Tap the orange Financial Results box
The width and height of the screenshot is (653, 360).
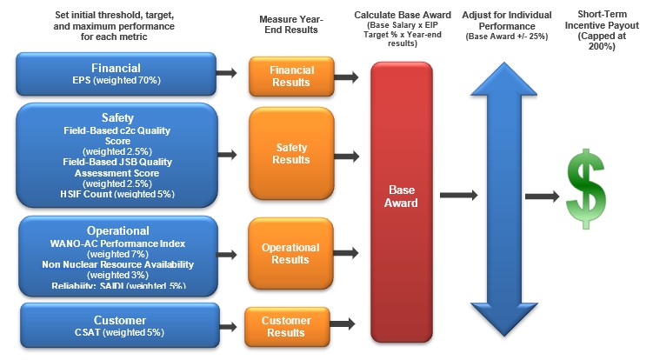290,77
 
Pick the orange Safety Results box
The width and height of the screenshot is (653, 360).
290,155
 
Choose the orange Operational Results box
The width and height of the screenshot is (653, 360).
290,253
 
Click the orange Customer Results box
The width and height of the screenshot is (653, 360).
286,327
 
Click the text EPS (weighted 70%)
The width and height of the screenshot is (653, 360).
117,81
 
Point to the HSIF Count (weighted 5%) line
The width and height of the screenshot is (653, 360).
117,194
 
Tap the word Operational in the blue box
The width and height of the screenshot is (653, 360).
117,230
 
